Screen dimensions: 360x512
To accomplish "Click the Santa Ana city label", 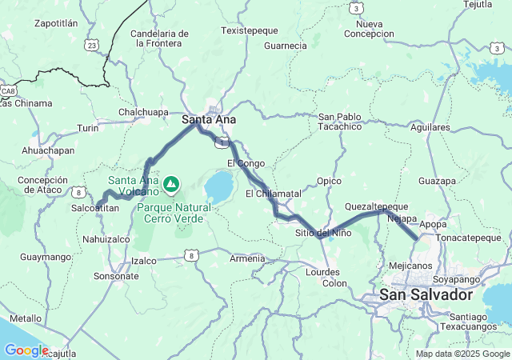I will [x=203, y=120].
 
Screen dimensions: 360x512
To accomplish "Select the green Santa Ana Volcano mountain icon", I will [x=170, y=186].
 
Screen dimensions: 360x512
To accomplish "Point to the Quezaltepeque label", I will [x=376, y=206].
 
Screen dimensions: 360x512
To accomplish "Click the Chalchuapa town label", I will [x=143, y=113].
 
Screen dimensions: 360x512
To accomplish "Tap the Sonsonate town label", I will [x=116, y=276].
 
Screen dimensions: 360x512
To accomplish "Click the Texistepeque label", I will [x=249, y=30].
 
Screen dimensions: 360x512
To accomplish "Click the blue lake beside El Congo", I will [x=218, y=187].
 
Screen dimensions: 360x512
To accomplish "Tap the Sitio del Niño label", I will [x=323, y=233].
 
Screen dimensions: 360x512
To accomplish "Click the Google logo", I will [x=26, y=350].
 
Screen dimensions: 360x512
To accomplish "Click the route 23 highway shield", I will [x=94, y=46].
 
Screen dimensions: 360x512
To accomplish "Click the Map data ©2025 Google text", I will [x=462, y=354].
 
